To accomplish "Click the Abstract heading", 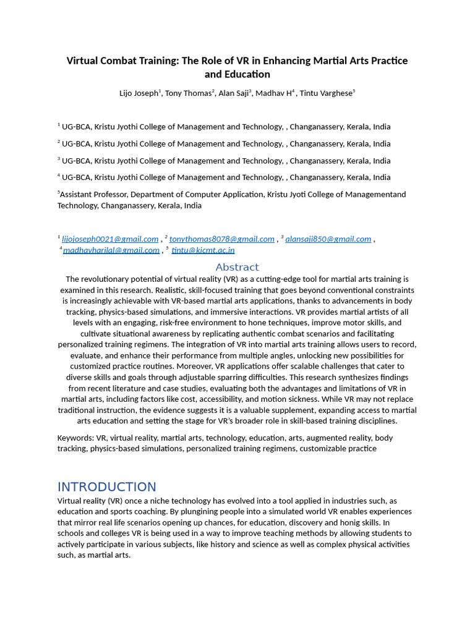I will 237,267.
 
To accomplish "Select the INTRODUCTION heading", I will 106,486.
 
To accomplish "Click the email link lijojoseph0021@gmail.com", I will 110,239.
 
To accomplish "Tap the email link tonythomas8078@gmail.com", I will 221,239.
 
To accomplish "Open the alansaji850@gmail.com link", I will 328,239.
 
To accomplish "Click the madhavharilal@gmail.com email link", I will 111,250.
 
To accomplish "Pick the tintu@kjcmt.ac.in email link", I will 203,250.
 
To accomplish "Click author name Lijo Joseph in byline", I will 139,93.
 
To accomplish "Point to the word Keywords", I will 75,438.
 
